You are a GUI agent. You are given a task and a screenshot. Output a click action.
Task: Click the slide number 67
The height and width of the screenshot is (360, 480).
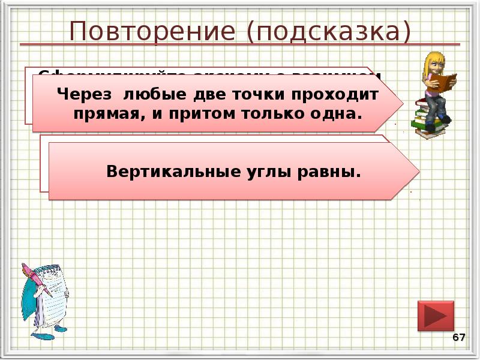(459, 338)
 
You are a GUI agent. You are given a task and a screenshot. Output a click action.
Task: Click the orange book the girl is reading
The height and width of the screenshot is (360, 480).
(445, 82)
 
